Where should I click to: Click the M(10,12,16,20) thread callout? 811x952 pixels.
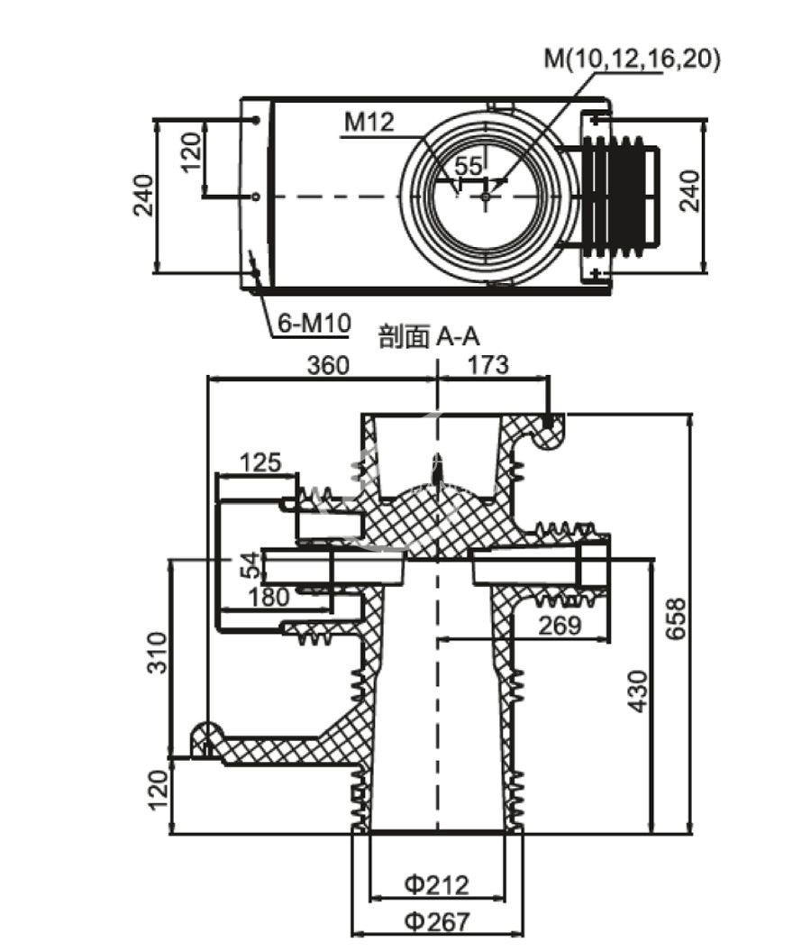[x=633, y=59]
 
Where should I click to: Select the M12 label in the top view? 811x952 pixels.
[x=369, y=123]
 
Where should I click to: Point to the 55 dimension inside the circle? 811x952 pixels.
[x=469, y=166]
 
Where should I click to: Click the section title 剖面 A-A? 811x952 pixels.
[x=429, y=338]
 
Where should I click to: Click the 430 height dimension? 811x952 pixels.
[x=637, y=691]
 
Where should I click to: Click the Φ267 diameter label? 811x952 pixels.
[x=437, y=921]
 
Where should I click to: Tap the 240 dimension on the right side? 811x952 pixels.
[x=689, y=191]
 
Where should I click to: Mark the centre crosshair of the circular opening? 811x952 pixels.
[x=486, y=196]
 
